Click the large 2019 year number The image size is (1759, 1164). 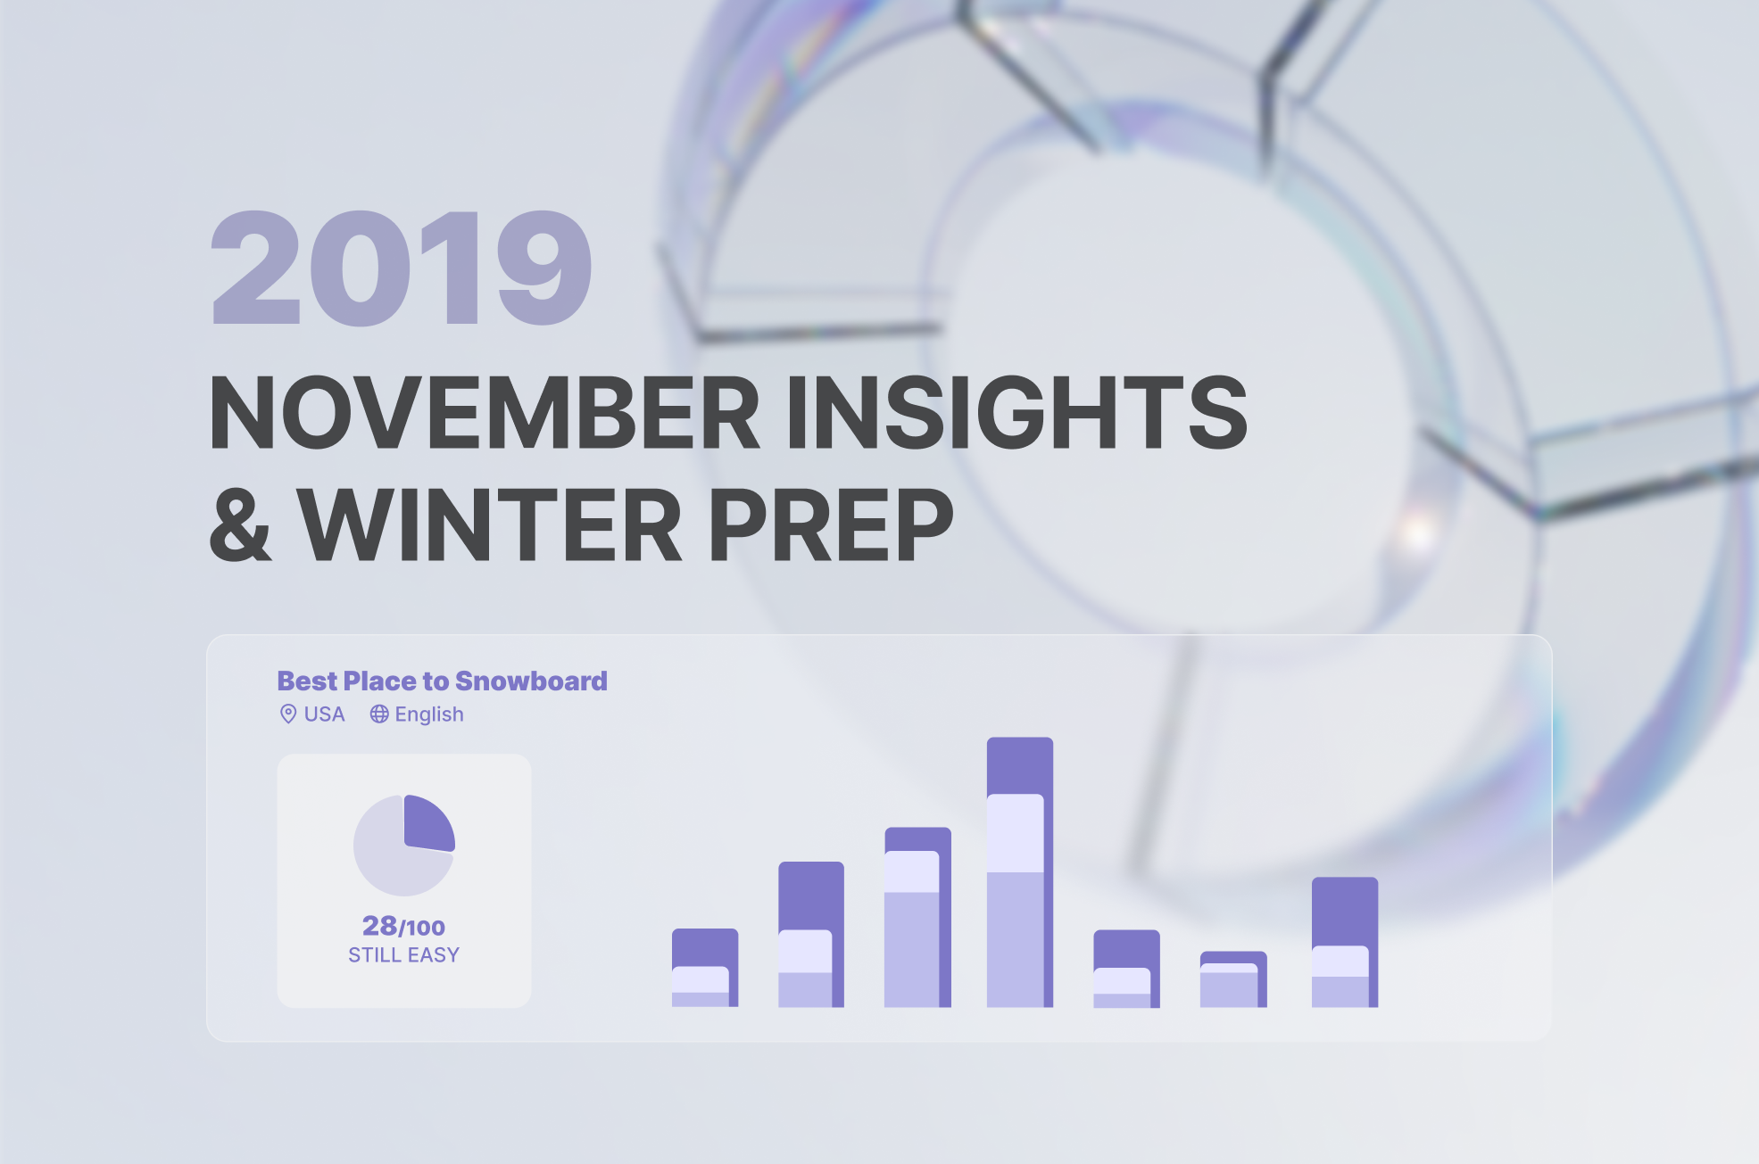click(x=401, y=268)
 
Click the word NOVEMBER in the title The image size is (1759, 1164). click(x=485, y=412)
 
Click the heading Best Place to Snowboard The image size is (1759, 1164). click(x=442, y=681)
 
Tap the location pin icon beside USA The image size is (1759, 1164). click(x=288, y=714)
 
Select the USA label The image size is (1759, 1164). click(x=324, y=714)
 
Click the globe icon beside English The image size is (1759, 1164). click(x=379, y=714)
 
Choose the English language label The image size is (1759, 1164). click(x=429, y=714)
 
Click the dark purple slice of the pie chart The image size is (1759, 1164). click(x=427, y=824)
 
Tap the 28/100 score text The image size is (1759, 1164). click(x=403, y=926)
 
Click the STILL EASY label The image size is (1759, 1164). click(x=403, y=955)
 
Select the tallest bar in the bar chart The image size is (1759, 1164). click(x=1020, y=872)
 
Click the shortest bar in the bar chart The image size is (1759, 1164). click(x=1233, y=979)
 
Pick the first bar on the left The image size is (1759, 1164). click(x=705, y=968)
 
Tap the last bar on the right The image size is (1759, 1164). click(x=1345, y=943)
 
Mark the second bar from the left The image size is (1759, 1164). click(x=811, y=935)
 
